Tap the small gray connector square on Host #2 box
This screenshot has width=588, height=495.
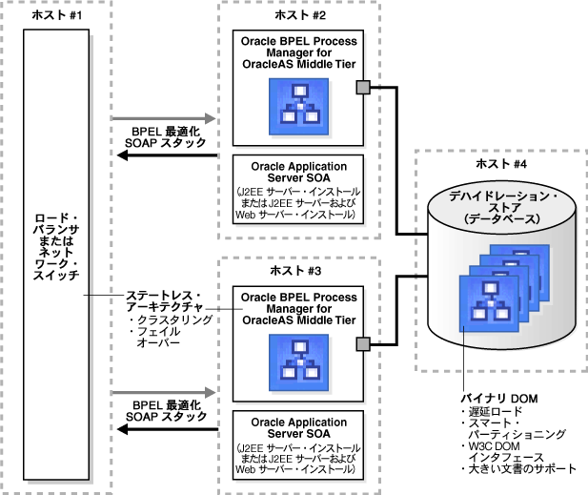[363, 89]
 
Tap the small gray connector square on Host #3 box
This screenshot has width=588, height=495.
[363, 343]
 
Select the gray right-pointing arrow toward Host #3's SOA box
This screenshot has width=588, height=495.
[166, 392]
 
